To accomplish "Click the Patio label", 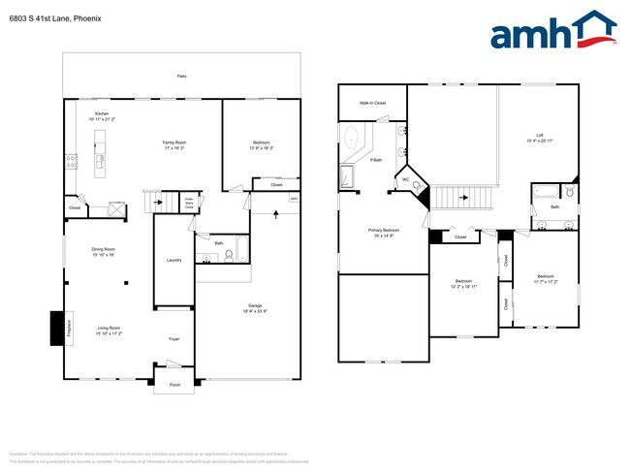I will [x=181, y=76].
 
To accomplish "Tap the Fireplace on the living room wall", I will [x=57, y=328].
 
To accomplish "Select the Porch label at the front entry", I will [x=175, y=385].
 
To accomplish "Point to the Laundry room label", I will [x=174, y=260].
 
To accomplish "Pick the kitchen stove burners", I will [x=71, y=162].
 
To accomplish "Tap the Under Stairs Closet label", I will [x=190, y=203].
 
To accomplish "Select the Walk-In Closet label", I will [x=373, y=103].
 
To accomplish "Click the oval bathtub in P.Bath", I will [x=351, y=136].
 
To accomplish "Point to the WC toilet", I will [x=416, y=187].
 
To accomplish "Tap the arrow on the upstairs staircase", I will [x=463, y=199].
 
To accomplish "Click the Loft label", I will [x=539, y=135].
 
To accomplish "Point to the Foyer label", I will [x=174, y=339].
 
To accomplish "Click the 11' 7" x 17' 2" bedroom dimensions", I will [x=546, y=281].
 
